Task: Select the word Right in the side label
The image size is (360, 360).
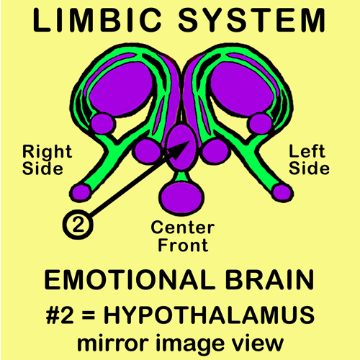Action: tap(47, 153)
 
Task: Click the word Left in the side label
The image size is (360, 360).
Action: tap(307, 151)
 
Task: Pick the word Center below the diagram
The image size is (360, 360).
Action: tap(183, 228)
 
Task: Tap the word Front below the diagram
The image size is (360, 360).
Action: tap(183, 245)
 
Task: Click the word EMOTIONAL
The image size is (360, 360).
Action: tap(130, 280)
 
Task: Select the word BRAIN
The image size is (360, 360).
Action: tap(270, 280)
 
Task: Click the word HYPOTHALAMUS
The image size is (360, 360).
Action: tap(209, 315)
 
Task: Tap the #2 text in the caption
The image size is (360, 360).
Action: tap(60, 315)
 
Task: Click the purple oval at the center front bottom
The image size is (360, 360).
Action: tap(182, 197)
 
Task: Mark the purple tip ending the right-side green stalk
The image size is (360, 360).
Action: tap(80, 193)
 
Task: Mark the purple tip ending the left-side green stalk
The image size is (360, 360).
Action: tap(283, 193)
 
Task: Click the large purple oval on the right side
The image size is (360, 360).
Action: tap(121, 89)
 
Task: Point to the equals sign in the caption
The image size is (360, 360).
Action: tap(89, 315)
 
